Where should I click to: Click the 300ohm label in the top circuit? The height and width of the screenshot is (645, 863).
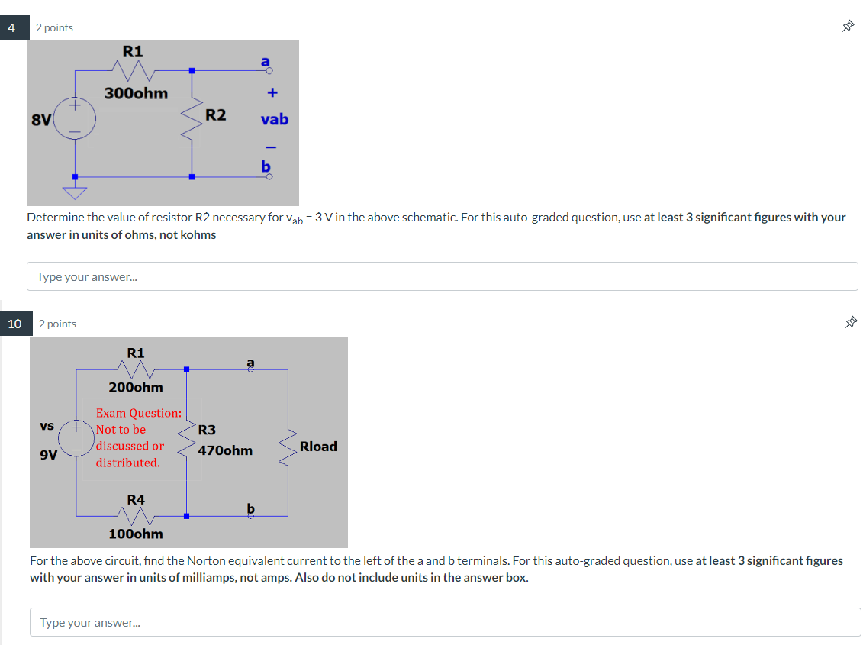137,93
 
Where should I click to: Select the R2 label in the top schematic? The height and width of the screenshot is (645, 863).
216,115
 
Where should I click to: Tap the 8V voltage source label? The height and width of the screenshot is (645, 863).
40,120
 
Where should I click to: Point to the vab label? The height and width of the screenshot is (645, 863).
274,120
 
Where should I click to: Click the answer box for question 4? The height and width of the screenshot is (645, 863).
442,276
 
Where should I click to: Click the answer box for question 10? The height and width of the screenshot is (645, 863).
445,622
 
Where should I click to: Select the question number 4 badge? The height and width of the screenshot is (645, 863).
11,27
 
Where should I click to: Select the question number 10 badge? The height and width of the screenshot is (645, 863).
14,324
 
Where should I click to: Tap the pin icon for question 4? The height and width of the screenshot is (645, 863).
847,27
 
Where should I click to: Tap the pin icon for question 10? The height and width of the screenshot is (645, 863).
850,324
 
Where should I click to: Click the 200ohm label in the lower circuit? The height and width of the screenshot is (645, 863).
136,388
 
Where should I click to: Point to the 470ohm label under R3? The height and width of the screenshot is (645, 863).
225,450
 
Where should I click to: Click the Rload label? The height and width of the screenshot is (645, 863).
318,447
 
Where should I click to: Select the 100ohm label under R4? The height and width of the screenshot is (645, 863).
136,534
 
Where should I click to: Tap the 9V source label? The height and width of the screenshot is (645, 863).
48,455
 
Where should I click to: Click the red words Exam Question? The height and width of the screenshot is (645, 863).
138,413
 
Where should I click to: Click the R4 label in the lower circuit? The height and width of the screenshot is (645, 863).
136,499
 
